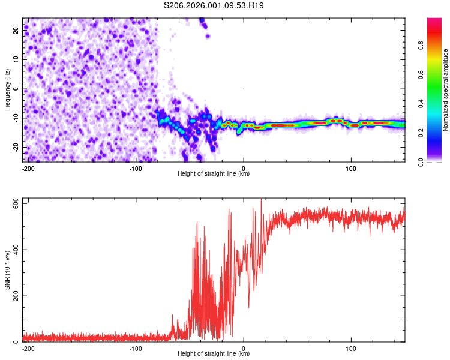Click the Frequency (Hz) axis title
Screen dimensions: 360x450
(7, 90)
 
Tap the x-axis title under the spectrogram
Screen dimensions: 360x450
(214, 174)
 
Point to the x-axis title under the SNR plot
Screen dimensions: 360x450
(214, 354)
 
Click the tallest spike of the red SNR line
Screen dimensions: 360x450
(261, 200)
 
